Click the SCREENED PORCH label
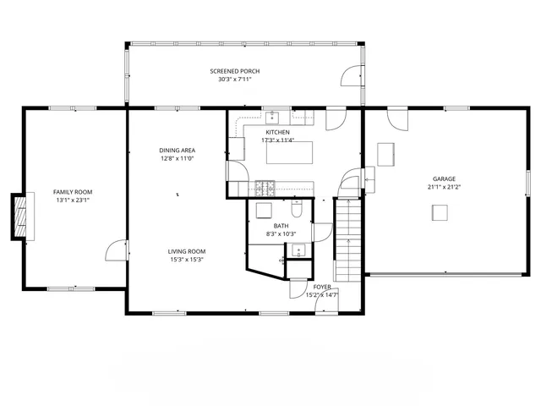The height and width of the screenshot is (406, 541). [x=234, y=71]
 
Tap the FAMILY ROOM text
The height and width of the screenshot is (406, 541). [x=73, y=192]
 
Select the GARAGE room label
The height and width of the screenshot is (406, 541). [x=444, y=178]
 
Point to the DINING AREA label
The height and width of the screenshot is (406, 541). [x=177, y=150]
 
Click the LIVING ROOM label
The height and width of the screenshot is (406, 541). [x=186, y=251]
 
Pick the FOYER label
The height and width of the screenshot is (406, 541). [x=322, y=288]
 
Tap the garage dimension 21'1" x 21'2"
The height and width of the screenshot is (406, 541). [x=444, y=187]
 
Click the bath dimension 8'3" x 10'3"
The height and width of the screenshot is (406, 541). [x=281, y=234]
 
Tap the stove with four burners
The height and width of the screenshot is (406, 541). [x=265, y=186]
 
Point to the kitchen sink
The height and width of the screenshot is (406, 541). [x=275, y=117]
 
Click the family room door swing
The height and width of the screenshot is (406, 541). [x=115, y=250]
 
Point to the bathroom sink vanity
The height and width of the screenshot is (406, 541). [x=298, y=250]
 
